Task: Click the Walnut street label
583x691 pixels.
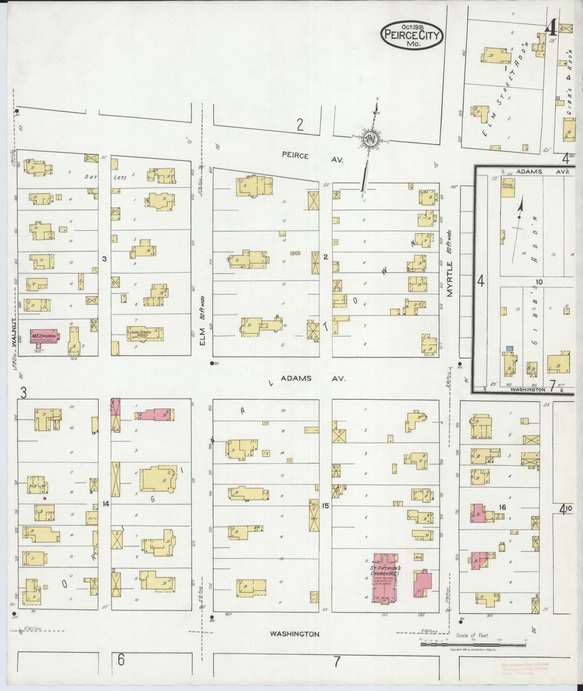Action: coord(14,332)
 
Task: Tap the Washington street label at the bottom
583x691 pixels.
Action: coord(295,634)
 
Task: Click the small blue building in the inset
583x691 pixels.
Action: coord(510,348)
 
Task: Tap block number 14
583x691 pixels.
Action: coord(106,504)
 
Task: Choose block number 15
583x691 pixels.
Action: coord(326,506)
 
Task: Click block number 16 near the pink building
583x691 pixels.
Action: coord(502,507)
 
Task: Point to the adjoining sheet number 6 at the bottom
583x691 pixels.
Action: coord(121,660)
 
